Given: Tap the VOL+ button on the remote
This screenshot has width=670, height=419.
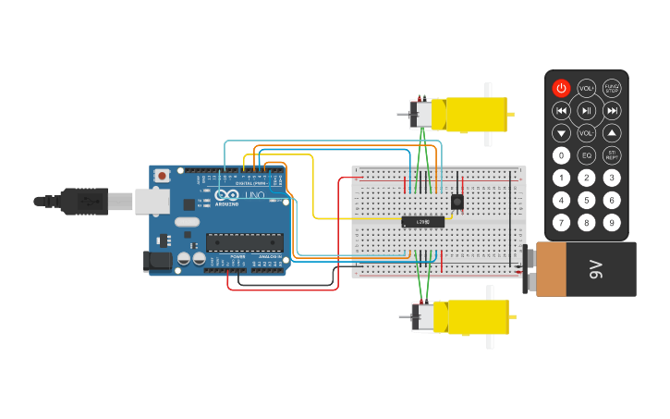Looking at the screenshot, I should (586, 88).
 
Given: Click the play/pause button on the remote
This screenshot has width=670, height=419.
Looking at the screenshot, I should (586, 111).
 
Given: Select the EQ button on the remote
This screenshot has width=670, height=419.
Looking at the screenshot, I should (586, 155).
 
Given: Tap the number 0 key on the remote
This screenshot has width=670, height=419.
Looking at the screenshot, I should (561, 155).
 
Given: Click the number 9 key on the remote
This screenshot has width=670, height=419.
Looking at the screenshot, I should (611, 222).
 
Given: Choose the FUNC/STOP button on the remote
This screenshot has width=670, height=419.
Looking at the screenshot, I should (612, 88).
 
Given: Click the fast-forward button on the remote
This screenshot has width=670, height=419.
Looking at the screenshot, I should (612, 111).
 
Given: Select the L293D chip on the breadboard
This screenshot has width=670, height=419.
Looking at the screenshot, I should (423, 222).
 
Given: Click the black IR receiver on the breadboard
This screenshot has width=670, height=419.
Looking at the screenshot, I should (457, 202).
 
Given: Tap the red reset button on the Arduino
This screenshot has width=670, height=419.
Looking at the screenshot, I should (163, 175).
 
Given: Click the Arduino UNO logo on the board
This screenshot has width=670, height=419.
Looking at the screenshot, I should (239, 195).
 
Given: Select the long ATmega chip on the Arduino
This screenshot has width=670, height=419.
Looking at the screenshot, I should (244, 243).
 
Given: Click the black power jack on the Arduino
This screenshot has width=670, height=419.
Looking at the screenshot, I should (160, 261).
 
